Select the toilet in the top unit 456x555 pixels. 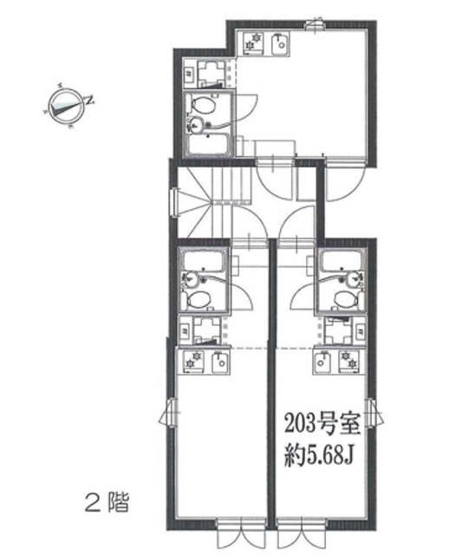click(202, 106)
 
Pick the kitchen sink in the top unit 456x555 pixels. click(279, 42)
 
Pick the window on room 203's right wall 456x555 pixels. click(371, 415)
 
